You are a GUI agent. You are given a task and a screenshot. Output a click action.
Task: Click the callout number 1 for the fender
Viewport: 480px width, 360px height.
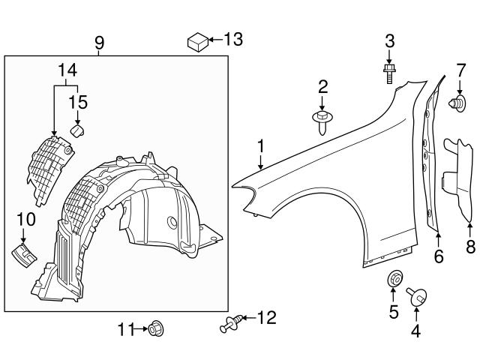260,146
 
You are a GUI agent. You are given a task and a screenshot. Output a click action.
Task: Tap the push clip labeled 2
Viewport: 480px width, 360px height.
323,121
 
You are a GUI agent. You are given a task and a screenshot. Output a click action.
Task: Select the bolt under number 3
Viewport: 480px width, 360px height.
389,73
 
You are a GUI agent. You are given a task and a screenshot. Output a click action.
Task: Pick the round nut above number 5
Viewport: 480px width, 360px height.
392,280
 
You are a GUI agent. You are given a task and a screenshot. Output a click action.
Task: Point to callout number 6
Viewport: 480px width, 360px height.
439,257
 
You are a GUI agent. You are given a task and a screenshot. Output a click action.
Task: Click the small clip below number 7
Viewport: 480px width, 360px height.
454,104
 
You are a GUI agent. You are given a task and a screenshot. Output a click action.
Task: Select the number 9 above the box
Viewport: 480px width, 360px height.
100,43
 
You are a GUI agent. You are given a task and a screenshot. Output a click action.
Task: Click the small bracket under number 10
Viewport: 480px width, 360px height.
25,252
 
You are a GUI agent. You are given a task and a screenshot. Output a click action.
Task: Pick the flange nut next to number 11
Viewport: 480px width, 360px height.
157,328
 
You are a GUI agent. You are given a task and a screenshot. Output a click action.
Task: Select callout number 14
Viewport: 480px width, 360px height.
67,71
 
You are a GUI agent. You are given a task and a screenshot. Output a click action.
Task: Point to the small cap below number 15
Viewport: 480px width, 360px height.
76,131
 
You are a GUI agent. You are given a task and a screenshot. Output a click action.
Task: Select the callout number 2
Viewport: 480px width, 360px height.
322,86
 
